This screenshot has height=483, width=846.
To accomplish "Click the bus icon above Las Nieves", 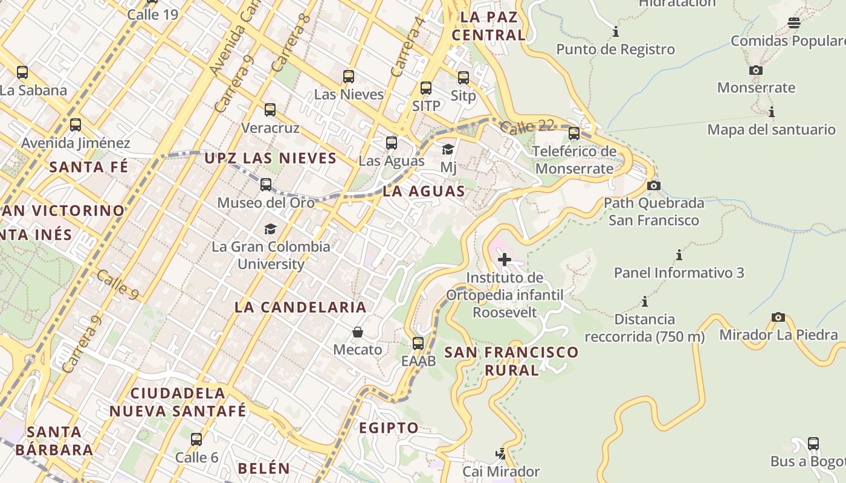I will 349,77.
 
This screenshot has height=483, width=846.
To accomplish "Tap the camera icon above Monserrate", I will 755,70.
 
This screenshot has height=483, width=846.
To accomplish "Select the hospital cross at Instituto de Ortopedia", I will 504,260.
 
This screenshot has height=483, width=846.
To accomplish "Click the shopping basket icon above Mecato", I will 358,332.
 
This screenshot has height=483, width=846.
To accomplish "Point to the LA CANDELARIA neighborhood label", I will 300,307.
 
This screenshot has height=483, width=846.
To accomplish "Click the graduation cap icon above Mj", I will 448,149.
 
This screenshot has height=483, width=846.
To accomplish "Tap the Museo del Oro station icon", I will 266,185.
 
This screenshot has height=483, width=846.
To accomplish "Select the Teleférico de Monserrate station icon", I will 574,133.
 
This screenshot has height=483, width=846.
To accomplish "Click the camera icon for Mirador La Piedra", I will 778,317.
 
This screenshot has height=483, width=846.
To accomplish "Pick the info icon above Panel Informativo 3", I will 679,255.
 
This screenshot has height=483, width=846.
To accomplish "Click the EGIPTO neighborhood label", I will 389,428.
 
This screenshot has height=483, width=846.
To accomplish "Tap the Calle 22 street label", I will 527,127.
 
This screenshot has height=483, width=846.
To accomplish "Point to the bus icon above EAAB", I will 418,344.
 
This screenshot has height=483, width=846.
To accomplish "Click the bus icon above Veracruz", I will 270,110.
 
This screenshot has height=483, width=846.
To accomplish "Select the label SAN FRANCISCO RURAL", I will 511,360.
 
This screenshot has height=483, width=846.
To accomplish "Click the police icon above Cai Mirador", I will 500,453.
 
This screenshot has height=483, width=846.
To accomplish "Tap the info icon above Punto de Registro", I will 616,31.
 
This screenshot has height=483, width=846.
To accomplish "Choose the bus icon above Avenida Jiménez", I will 76,125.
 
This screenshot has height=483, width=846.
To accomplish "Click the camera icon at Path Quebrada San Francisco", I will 653,185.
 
